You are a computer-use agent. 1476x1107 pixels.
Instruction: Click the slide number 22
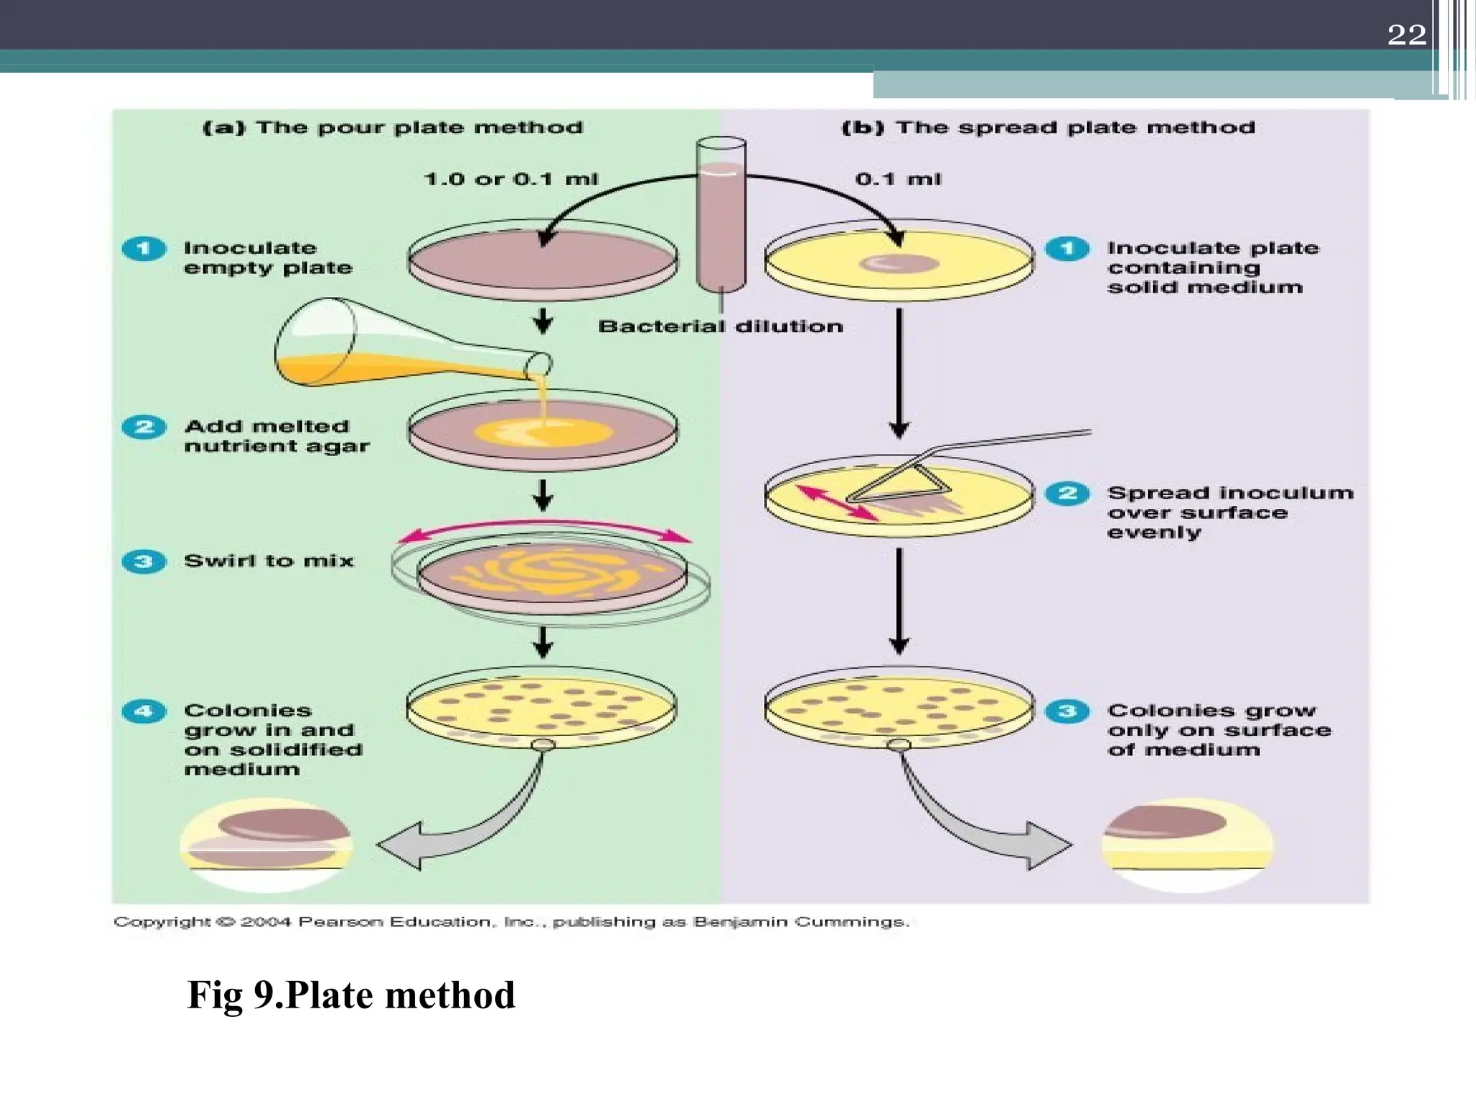point(1406,35)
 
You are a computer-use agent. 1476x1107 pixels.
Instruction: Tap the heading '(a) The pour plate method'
point(393,128)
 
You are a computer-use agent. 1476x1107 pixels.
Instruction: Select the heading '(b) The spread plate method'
point(1049,128)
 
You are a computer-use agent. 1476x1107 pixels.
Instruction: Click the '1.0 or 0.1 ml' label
point(511,179)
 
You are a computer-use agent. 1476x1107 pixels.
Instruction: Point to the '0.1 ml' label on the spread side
point(898,179)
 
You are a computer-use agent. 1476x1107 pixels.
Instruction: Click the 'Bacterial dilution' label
point(720,326)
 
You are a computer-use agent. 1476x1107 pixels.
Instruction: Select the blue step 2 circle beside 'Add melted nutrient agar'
point(144,427)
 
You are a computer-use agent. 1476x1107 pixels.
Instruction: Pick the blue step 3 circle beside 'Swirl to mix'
point(144,561)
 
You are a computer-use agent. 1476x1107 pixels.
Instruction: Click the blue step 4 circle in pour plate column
point(144,711)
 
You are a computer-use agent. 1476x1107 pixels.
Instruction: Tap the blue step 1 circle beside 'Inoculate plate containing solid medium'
point(1067,249)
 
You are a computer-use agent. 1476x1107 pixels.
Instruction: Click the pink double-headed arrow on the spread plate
point(837,502)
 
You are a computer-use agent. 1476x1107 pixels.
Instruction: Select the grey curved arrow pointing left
point(461,829)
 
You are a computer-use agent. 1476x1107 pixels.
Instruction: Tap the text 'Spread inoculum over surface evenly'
point(1230,512)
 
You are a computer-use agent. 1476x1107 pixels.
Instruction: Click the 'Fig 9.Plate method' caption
point(351,995)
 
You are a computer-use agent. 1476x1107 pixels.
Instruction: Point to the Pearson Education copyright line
point(511,922)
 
